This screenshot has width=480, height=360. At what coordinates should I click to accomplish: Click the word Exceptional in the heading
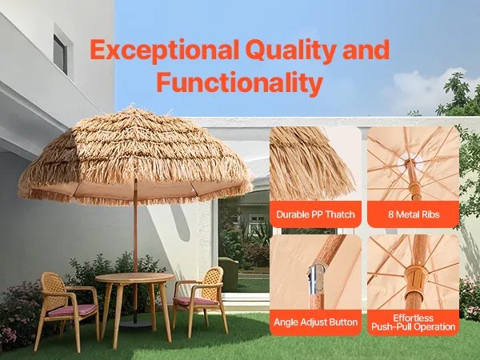[x=164, y=50]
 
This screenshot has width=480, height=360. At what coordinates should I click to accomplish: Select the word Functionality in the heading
[x=240, y=82]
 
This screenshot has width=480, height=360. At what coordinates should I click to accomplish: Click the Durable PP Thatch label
[x=316, y=214]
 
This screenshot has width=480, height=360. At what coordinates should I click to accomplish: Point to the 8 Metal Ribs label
[x=414, y=214]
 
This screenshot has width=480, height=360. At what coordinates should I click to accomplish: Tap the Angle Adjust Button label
[x=316, y=322]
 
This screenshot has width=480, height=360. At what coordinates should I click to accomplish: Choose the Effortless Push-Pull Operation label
[x=414, y=322]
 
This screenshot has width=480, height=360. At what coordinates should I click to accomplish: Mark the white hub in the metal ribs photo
[x=410, y=162]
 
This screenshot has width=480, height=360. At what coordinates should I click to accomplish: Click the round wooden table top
[x=135, y=278]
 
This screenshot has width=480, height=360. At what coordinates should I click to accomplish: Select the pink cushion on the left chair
[x=73, y=310]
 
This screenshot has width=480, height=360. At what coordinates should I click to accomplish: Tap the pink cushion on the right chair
[x=195, y=301]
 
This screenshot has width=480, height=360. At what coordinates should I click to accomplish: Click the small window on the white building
[x=60, y=54]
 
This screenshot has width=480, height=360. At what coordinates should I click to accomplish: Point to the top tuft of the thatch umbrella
[x=132, y=110]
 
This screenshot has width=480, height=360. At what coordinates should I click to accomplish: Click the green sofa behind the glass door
[x=228, y=274]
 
